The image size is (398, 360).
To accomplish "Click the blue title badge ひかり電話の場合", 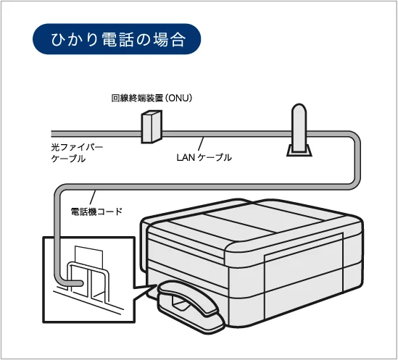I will pos(117,41).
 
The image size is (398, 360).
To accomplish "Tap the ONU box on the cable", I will pos(150,128).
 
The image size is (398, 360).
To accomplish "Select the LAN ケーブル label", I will pos(204,157).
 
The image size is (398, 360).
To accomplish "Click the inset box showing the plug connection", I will pos(89,279).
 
